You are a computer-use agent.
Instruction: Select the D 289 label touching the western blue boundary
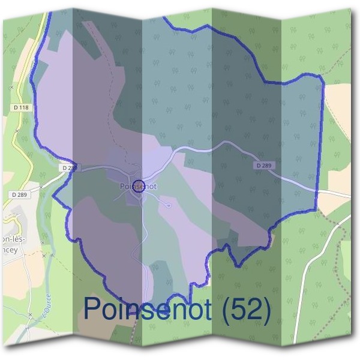[x=69, y=168]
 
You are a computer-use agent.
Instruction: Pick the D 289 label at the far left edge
[x=19, y=194]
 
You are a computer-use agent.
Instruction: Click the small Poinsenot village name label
[x=137, y=186]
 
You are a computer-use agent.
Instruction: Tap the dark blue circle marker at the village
[x=139, y=185]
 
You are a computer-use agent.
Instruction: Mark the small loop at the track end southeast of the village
[x=169, y=206]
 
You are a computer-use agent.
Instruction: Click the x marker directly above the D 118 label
[x=11, y=87]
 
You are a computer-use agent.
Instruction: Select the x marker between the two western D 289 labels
[x=41, y=187]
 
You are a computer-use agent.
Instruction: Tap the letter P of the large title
[x=92, y=308]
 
